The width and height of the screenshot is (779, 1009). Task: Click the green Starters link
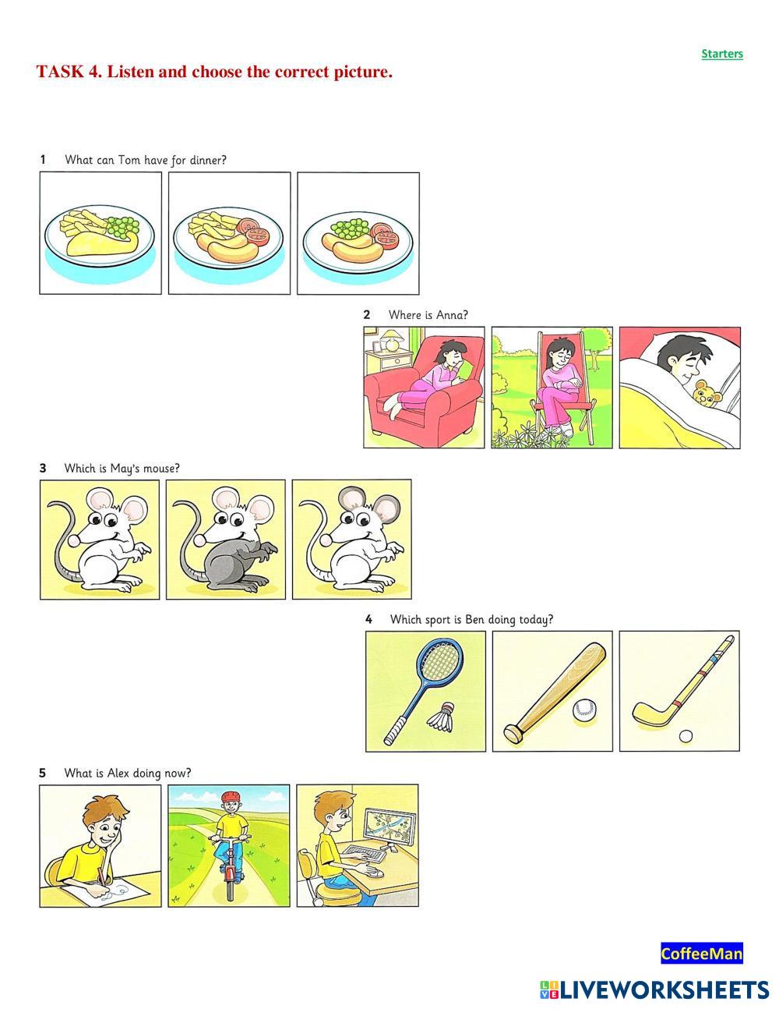722,54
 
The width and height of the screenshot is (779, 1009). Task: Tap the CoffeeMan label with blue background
702,954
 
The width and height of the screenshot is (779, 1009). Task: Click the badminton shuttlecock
441,717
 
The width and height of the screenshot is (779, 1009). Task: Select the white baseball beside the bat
584,710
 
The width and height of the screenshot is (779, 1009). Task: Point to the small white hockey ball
686,736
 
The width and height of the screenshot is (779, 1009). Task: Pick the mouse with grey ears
351,540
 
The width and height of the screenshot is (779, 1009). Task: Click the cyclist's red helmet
231,797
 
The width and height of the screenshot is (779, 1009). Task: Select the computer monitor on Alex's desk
389,827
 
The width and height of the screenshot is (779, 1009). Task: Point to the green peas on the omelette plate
123,226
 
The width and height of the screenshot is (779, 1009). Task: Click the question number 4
368,619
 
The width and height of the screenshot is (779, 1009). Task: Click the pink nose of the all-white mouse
74,540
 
